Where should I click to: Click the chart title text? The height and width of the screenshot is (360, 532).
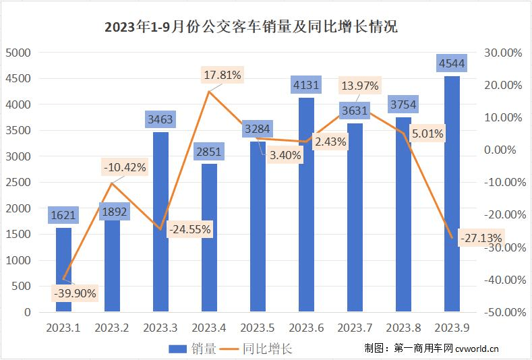coord(252,27)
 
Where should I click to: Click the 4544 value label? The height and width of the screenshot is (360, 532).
coord(452,64)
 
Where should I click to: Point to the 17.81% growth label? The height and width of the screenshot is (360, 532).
coord(222,76)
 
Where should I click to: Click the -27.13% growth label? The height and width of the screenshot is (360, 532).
coord(480,238)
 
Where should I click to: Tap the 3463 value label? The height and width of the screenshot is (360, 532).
coord(160,120)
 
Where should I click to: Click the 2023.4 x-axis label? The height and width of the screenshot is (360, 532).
coord(209,328)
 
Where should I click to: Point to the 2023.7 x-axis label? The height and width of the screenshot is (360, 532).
coord(355,328)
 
